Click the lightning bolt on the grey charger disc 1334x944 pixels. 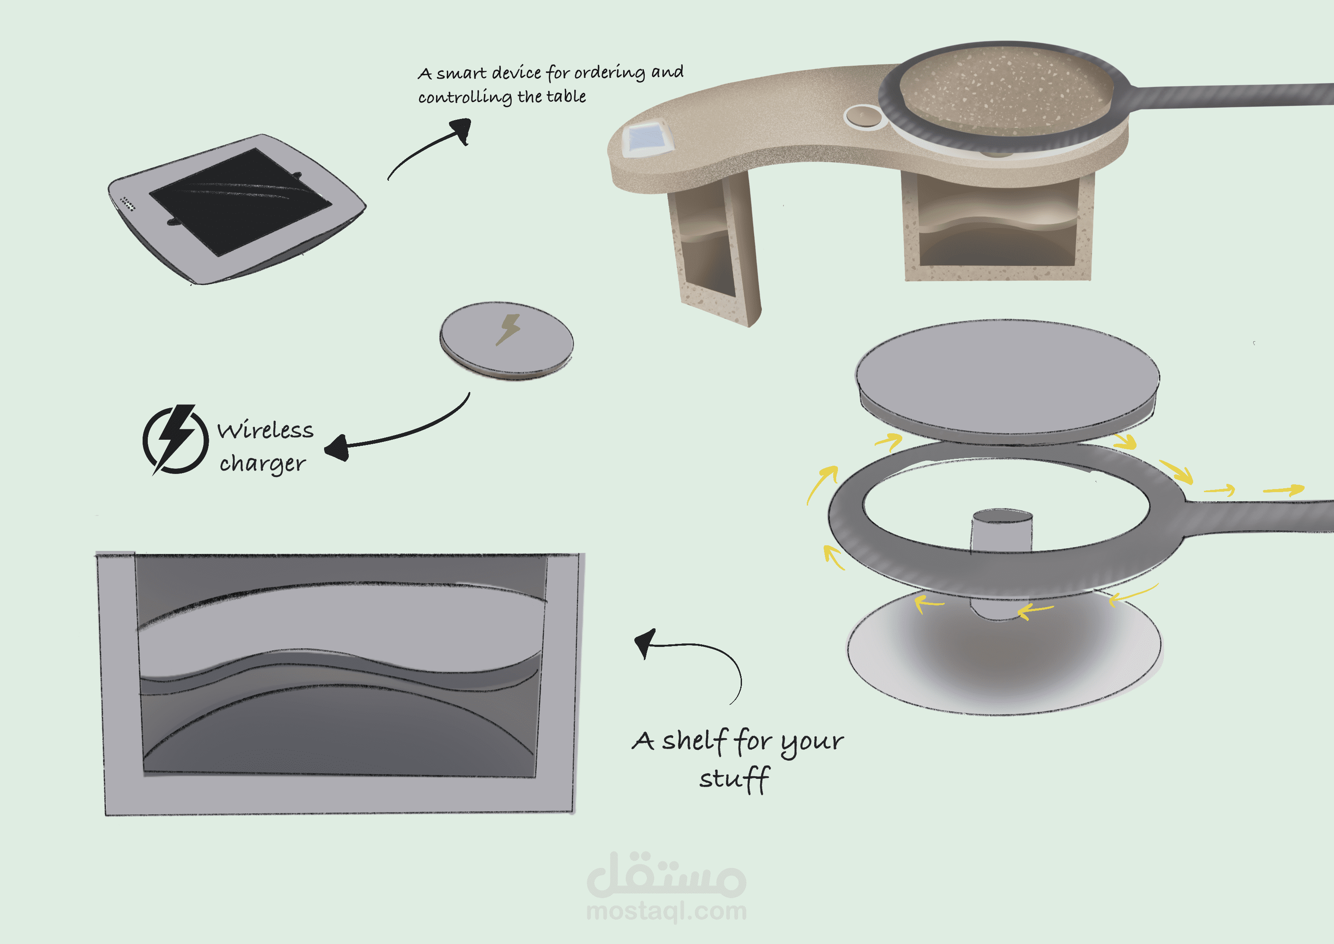pos(508,330)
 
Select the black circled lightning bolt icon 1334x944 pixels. pos(175,439)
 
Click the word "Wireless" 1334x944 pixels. pos(265,430)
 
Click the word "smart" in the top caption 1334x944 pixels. pos(462,73)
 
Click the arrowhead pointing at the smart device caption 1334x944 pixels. pos(462,130)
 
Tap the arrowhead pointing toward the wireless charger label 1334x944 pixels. pos(337,448)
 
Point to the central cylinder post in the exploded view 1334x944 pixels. pos(1001,564)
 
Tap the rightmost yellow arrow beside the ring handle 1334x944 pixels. pos(1285,490)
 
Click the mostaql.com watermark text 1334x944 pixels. pos(666,911)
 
